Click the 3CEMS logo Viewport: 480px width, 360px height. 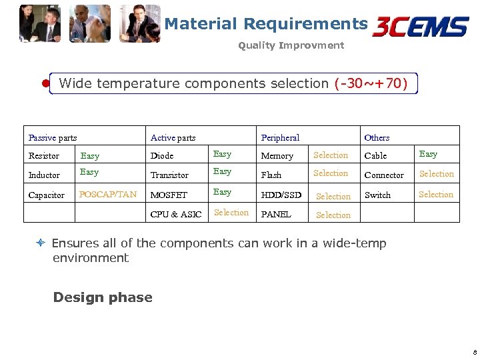(x=421, y=27)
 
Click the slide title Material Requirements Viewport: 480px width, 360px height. (x=265, y=24)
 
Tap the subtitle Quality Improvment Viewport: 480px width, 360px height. (x=291, y=45)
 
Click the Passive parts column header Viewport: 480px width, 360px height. (x=53, y=137)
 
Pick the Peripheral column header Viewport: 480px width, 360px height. (x=280, y=137)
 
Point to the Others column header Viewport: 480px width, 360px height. (x=377, y=137)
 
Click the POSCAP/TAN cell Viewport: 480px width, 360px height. (x=108, y=195)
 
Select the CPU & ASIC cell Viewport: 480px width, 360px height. (x=176, y=214)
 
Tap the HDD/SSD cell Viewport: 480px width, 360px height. (x=281, y=195)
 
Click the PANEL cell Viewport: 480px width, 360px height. (x=276, y=214)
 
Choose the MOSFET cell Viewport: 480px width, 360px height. (x=169, y=195)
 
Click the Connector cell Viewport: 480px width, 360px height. (x=384, y=175)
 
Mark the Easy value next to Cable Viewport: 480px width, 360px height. (x=428, y=154)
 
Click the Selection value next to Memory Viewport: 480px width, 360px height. (x=331, y=155)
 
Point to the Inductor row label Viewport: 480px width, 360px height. (x=44, y=175)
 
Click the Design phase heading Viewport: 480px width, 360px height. (x=103, y=297)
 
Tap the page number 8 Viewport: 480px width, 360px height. (x=474, y=351)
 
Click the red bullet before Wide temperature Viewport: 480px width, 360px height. (x=45, y=84)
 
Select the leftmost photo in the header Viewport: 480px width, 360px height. (x=39, y=23)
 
